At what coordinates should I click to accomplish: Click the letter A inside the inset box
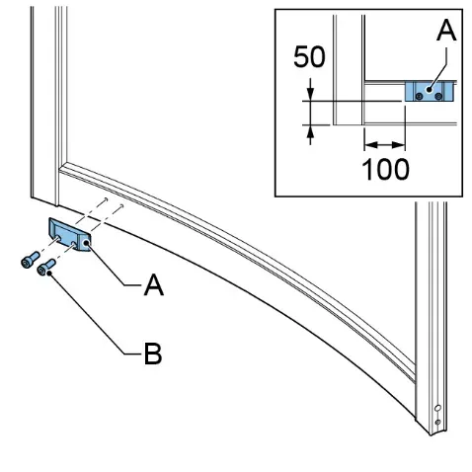446,30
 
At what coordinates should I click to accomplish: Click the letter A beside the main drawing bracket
154,285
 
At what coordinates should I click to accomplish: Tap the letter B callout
153,354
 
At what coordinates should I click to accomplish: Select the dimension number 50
309,57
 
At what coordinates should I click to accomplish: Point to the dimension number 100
385,169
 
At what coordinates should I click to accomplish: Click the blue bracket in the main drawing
69,234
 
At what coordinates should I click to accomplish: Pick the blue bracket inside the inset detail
430,91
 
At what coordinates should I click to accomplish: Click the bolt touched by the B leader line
46,267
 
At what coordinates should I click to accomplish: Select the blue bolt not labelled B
30,260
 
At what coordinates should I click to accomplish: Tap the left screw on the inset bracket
419,96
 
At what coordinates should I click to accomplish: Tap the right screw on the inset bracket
438,96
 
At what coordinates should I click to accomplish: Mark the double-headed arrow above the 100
384,144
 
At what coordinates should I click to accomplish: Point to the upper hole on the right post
437,408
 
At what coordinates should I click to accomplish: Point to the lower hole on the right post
437,422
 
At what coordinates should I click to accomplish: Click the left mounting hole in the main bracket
58,238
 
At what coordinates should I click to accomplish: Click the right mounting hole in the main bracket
74,244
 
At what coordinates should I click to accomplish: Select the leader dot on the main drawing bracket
87,243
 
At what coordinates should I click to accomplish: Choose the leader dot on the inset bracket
429,89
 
